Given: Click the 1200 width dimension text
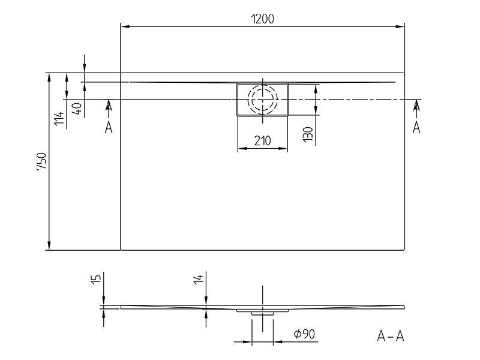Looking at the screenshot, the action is (262, 19).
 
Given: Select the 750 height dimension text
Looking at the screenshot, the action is (41, 161).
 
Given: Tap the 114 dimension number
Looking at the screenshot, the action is (59, 118).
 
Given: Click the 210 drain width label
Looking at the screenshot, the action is (263, 140).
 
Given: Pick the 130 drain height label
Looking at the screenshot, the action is (308, 134).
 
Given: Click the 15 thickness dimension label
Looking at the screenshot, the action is (96, 279).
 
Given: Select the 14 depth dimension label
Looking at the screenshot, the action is (199, 279).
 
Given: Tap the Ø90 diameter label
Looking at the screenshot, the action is (304, 334).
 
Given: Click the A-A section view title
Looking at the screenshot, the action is (391, 336).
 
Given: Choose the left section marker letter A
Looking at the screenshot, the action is (109, 127).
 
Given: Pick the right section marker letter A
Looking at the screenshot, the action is (416, 127).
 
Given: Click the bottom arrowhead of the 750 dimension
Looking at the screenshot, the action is (49, 245).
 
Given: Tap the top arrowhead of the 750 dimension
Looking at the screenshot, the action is (49, 78).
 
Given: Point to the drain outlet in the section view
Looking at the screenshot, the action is (263, 313).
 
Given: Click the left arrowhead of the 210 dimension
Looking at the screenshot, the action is (242, 148).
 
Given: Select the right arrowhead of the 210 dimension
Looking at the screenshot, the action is (283, 148).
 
